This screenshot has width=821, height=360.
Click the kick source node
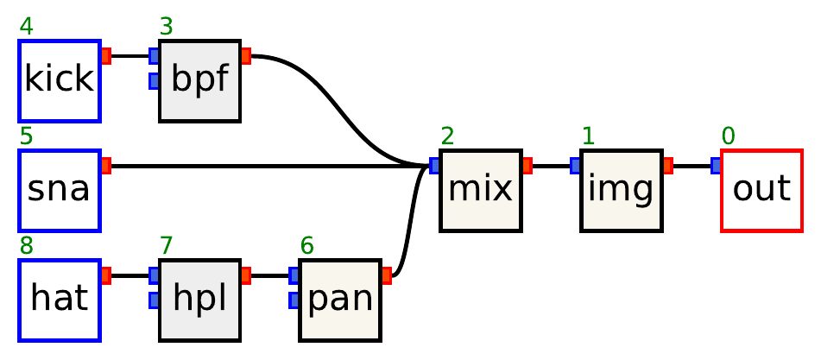[60, 80]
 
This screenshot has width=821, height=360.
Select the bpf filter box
[199, 80]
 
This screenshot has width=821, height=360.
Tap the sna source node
[60, 190]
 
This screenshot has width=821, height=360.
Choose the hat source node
[60, 300]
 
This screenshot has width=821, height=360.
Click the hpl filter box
[199, 300]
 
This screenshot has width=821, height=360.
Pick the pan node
[339, 300]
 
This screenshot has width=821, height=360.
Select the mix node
[480, 190]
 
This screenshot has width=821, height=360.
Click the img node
[621, 190]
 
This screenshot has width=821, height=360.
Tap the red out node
[761, 190]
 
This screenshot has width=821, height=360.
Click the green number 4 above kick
[27, 27]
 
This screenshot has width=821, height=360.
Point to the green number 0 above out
[729, 136]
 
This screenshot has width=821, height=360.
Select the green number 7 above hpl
[167, 246]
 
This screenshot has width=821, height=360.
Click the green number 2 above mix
[447, 136]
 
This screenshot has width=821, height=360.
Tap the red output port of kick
[106, 56]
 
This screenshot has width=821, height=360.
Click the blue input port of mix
[434, 166]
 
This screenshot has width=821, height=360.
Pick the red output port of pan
[386, 275]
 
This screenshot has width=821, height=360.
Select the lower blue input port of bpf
[154, 81]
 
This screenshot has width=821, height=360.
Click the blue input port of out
[716, 166]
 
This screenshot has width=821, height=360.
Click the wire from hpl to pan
[270, 275]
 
